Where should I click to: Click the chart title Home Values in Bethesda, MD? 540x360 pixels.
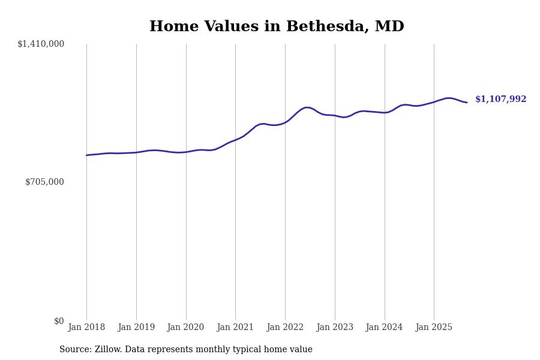[x=277, y=27]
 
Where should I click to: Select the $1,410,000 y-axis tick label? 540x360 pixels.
[x=41, y=44]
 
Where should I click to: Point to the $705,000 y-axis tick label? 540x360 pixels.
[x=44, y=182]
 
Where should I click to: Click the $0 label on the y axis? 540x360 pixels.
[x=59, y=321]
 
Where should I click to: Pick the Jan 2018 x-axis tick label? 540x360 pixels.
[x=86, y=327]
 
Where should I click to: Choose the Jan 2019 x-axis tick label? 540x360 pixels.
[x=136, y=327]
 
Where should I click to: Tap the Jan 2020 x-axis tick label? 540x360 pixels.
[x=186, y=327]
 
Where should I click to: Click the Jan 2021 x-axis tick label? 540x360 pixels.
[x=235, y=327]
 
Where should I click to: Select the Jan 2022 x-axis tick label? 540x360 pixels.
[x=285, y=327]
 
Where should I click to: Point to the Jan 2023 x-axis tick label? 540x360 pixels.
[x=335, y=327]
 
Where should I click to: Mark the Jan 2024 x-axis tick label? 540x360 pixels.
[x=385, y=327]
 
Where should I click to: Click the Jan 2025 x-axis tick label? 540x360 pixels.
[x=434, y=327]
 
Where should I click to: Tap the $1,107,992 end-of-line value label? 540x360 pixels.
[x=500, y=100]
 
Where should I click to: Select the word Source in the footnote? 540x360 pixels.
[x=75, y=350]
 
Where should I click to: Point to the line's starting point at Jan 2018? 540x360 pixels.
[x=86, y=155]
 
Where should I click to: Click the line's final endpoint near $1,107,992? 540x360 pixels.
[x=467, y=103]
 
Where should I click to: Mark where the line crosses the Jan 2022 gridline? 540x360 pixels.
[x=285, y=122]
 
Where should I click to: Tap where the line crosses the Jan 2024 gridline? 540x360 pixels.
[x=385, y=113]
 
